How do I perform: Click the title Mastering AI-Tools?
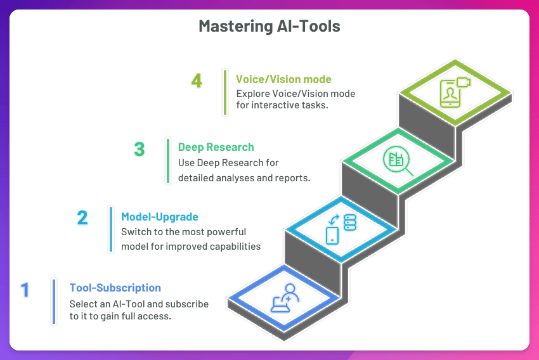269,26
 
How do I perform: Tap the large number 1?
25,290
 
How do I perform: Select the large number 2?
82,217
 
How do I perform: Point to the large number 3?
140,149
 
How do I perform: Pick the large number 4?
197,81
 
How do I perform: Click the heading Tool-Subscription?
115,288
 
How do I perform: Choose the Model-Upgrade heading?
160,217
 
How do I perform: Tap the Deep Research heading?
216,147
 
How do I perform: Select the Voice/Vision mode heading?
283,79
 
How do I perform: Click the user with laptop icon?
285,298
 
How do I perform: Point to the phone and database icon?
341,229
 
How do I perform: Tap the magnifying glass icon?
398,161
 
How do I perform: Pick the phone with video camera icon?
455,93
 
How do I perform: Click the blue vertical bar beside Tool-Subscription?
54,302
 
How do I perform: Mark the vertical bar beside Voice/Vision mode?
225,93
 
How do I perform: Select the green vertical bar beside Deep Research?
168,161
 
